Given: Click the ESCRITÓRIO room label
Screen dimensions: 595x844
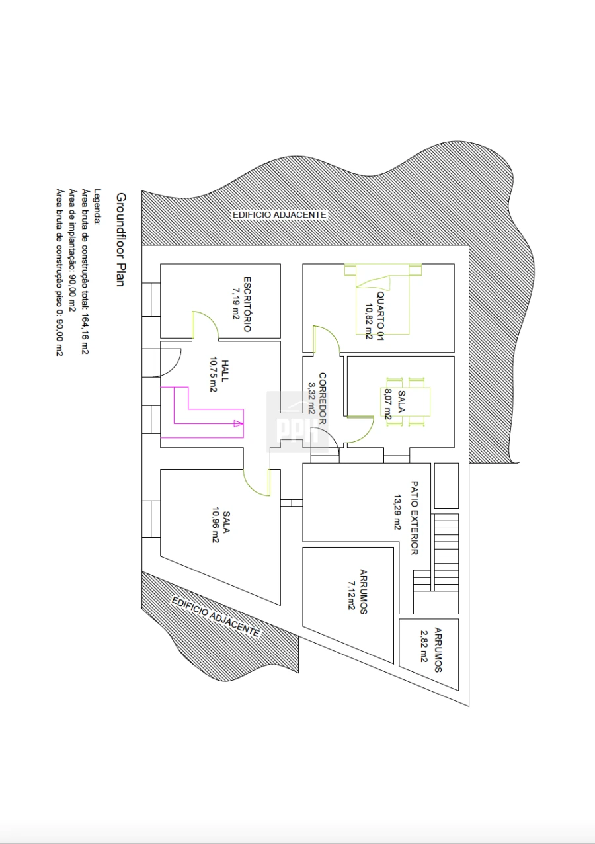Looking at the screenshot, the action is pyautogui.click(x=247, y=304).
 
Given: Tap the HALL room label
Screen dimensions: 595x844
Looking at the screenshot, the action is pyautogui.click(x=225, y=371).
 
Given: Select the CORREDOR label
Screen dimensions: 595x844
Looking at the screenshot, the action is pyautogui.click(x=323, y=398).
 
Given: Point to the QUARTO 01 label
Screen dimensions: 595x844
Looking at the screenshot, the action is pyautogui.click(x=380, y=316).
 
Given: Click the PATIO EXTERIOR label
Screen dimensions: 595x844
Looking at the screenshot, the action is pyautogui.click(x=415, y=518).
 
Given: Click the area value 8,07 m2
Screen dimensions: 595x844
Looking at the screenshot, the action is pyautogui.click(x=388, y=404).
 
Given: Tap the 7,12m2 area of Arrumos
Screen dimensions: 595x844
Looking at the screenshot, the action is pyautogui.click(x=351, y=595).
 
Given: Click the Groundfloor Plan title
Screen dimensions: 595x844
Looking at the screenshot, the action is pyautogui.click(x=121, y=240).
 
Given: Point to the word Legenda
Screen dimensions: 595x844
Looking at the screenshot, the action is pyautogui.click(x=98, y=207).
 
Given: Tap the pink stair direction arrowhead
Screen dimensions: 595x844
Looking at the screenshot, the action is pyautogui.click(x=239, y=423).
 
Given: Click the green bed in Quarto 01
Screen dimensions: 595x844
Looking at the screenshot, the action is pyautogui.click(x=383, y=299).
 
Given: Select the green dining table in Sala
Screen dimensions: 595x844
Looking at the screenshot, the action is pyautogui.click(x=405, y=401).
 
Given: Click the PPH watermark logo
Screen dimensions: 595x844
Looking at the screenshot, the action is pyautogui.click(x=297, y=421).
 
